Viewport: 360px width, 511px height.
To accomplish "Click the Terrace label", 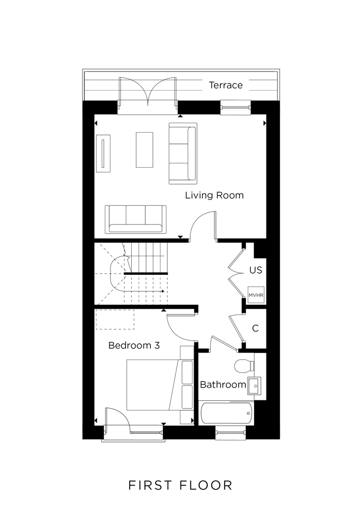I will tap(225, 85).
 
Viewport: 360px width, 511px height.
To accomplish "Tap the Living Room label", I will tap(214, 196).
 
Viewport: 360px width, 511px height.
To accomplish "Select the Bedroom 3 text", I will tap(134, 346).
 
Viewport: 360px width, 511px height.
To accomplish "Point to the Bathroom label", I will tap(223, 384).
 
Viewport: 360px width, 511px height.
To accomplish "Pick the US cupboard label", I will tap(256, 270).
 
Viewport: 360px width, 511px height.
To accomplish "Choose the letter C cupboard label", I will tap(255, 328).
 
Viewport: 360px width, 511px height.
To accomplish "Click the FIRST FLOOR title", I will tap(180, 485).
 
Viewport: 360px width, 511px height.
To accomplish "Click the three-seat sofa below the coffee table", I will tap(135, 219).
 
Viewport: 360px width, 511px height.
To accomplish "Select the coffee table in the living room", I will tap(145, 150).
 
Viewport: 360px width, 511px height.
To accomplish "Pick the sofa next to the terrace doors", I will tap(183, 153).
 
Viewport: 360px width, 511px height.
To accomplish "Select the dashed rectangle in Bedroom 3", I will tap(115, 319).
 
